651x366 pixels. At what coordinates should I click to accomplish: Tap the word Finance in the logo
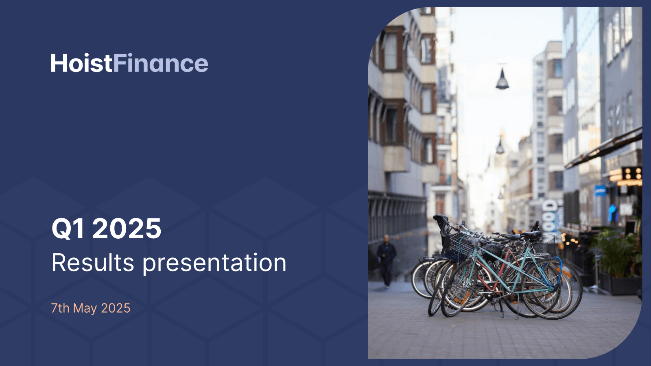[161, 63]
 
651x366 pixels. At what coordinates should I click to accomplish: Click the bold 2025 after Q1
[127, 228]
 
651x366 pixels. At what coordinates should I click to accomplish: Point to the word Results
[93, 263]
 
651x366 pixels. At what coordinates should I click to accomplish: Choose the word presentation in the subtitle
[214, 264]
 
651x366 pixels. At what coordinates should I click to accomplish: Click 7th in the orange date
[60, 308]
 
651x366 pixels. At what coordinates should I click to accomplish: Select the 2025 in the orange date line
[116, 308]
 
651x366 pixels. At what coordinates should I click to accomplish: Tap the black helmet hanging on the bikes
[492, 251]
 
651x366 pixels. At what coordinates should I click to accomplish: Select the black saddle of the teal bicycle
[531, 234]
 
